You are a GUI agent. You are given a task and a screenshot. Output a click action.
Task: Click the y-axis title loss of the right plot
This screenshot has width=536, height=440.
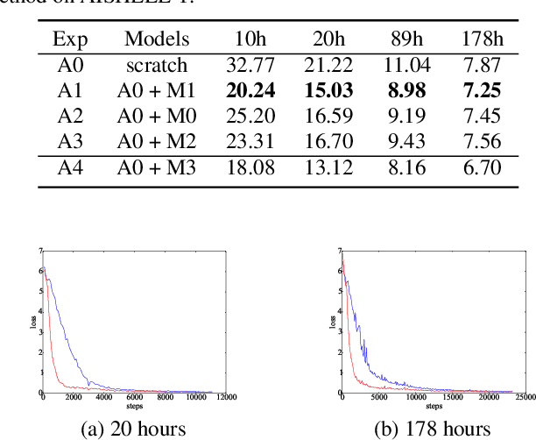(333, 322)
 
